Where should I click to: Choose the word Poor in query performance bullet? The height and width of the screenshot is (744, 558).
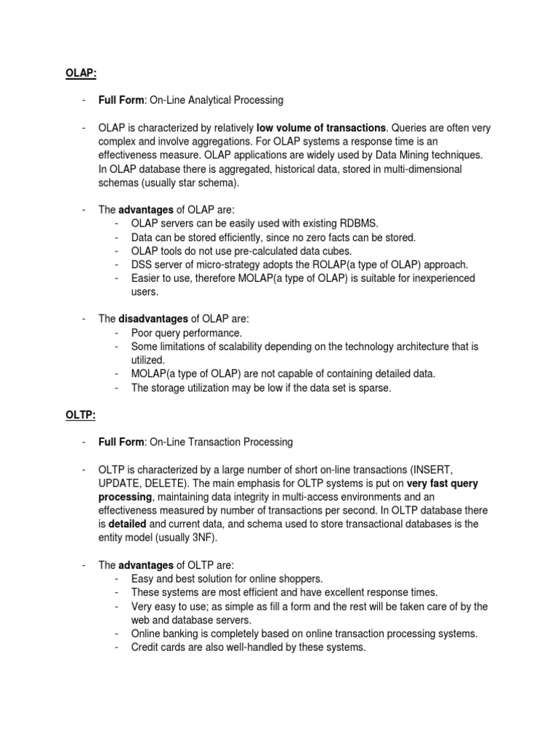[142, 333]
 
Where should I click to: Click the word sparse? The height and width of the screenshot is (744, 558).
[373, 387]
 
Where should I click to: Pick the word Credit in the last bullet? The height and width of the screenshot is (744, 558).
[145, 647]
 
